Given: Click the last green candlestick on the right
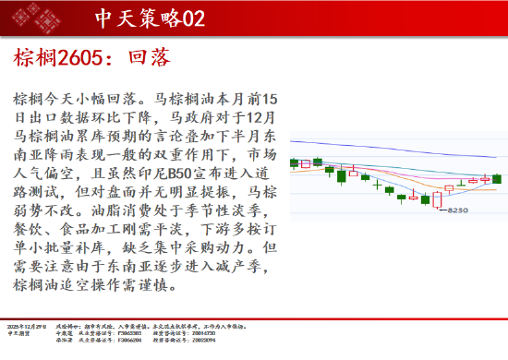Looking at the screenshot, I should pos(497,178).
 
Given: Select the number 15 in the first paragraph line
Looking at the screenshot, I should pos(266,96).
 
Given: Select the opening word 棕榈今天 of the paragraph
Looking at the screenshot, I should pos(42,96).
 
